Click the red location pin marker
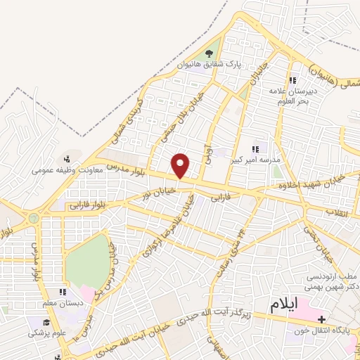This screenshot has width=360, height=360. coord(181,165)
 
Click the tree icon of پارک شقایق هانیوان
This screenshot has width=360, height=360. coord(208,53)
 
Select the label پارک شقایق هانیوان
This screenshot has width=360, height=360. coord(209,65)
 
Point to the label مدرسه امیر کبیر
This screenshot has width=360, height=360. coord(255,160)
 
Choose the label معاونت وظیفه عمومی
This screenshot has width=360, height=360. coord(67,169)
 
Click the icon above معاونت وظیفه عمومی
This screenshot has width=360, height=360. coord(67,159)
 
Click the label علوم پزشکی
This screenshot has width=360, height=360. coord(48,332)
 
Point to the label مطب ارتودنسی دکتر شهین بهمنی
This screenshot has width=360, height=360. coord(333,282)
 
